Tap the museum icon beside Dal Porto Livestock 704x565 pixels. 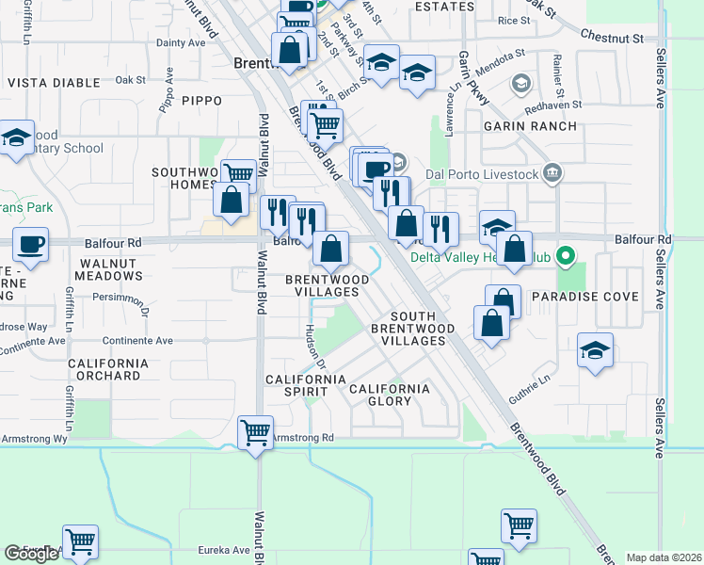(x=552, y=172)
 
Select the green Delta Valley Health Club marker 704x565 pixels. (x=565, y=255)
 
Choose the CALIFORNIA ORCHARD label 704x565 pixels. (x=104, y=369)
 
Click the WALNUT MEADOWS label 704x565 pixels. (x=111, y=269)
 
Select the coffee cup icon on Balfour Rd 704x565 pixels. (x=29, y=245)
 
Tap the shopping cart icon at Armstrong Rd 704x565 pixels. (x=255, y=434)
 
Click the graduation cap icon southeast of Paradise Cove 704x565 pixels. (x=595, y=350)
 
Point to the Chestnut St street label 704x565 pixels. (x=611, y=40)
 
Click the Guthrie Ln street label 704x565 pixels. (x=529, y=389)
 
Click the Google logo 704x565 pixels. (x=31, y=554)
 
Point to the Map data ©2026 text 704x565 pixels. (x=664, y=557)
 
